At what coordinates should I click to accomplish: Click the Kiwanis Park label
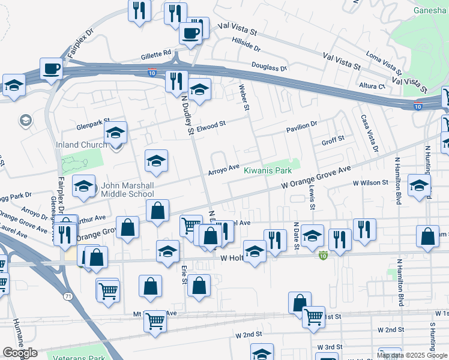(267, 170)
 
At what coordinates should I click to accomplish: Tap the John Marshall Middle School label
(127, 190)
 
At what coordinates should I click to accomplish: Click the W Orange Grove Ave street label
(316, 179)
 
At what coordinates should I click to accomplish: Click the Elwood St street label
(211, 125)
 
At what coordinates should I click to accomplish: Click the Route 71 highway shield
(67, 296)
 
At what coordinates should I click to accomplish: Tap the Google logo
(20, 353)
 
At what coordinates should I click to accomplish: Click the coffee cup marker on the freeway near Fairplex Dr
(52, 69)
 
